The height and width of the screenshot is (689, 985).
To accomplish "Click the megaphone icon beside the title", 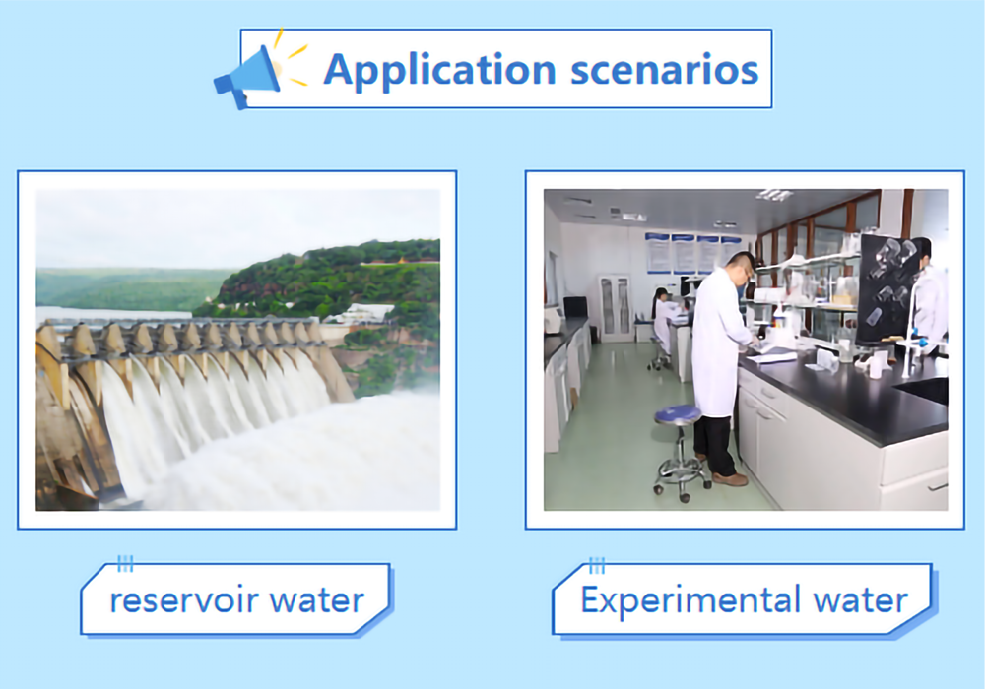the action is [247, 76].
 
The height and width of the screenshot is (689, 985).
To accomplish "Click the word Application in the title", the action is [439, 70].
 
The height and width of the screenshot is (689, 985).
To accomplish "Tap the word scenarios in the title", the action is [665, 70].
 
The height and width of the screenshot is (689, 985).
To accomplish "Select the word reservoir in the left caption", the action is [185, 599].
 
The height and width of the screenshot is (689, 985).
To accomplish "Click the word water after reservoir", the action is [317, 600].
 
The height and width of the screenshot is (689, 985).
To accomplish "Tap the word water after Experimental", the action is [861, 600].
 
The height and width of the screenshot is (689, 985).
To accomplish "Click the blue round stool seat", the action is [679, 414].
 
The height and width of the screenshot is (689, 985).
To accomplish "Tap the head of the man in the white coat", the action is [742, 268].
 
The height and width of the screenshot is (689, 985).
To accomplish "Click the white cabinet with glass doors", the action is [616, 307].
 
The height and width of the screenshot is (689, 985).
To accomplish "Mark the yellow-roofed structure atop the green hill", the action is [402, 260].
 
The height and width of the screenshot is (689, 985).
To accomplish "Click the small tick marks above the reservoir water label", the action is [125, 564].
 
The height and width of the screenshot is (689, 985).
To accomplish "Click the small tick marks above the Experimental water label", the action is [597, 565].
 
